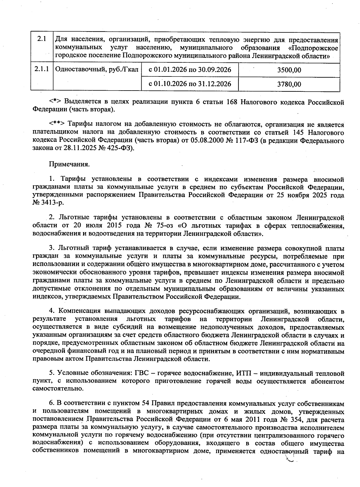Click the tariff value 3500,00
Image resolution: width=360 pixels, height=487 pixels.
(x=289, y=70)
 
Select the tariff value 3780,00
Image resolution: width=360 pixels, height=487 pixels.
(x=289, y=84)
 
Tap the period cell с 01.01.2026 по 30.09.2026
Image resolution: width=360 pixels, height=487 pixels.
(x=190, y=70)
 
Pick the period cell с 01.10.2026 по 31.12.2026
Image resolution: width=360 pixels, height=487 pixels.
(x=190, y=84)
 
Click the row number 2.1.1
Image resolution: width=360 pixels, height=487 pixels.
(x=42, y=70)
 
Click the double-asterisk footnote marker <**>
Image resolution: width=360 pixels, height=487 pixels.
(x=57, y=124)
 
